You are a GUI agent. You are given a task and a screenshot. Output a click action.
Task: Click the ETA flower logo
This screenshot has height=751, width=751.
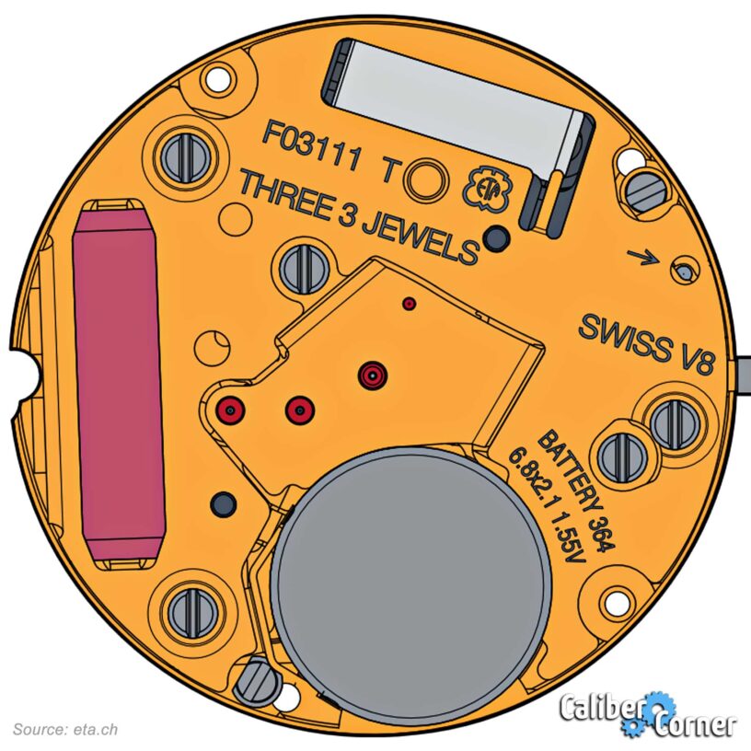pos(487,190)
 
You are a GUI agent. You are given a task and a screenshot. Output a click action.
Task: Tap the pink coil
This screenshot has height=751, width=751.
pos(119,383)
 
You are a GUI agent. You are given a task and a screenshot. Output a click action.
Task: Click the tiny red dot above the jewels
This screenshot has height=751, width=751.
pos(409,303)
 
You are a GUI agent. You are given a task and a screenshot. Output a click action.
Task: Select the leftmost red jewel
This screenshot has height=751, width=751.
pos(231,410)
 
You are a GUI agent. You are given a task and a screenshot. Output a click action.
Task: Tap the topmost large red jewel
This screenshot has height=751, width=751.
pos(373,375)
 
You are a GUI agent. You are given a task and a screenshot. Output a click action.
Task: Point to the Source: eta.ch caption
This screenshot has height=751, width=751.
pos(65,730)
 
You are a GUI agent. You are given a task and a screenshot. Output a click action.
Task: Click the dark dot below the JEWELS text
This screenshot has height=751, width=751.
pos(496,237)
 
